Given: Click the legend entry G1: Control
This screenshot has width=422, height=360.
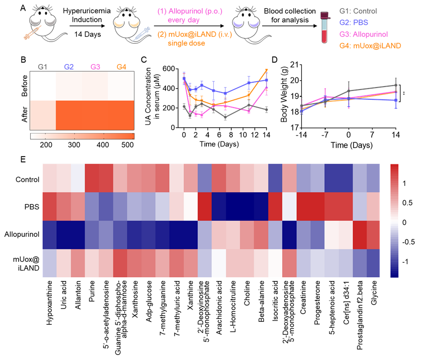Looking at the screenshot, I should tap(358, 11).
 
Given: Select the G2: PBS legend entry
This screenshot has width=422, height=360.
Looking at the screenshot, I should tap(354, 22).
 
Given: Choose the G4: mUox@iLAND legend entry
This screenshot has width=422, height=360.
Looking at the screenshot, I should tap(370, 45).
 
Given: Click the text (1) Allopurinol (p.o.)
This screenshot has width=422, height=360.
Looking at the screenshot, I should tap(190, 11).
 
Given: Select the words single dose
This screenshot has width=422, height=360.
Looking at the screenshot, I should tap(186, 43).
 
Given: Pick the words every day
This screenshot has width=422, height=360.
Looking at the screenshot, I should tap(183, 20).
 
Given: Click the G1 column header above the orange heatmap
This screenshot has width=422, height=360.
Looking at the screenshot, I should tap(43, 67).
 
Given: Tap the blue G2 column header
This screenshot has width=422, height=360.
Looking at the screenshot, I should tap(68, 67).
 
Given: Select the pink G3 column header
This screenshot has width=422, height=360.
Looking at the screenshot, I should tap(95, 67).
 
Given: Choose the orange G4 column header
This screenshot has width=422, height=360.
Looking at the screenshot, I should tap(121, 67).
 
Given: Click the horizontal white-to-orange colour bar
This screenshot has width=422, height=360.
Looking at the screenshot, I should tap(82, 136).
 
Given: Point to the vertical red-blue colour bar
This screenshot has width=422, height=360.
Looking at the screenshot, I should tap(395, 221).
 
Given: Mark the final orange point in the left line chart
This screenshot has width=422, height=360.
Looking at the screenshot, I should tap(267, 70).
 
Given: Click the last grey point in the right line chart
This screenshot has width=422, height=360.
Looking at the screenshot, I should tap(396, 85).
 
